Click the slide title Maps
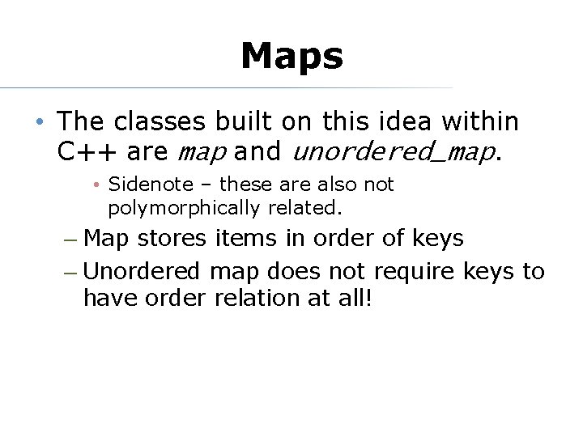pos(291,57)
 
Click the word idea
pos(406,121)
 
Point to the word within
pos(480,121)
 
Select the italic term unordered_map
pos(392,151)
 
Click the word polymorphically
pos(181,208)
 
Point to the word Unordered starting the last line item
pos(142,271)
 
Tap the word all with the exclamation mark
pos(355,298)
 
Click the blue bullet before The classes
pos(39,122)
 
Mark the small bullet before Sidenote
pos(96,185)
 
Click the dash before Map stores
pos(70,240)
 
